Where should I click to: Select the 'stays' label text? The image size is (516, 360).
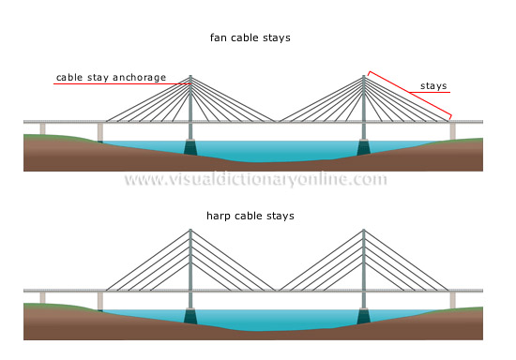433,85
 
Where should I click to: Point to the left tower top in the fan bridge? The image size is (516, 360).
190,77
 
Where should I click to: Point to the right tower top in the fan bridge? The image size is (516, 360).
364,77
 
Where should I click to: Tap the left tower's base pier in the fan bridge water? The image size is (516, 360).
190,147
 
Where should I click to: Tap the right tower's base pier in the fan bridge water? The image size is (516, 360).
364,147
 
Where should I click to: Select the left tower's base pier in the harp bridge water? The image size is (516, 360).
190,316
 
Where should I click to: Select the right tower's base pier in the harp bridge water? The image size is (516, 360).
364,316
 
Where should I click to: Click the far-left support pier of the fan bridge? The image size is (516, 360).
41,129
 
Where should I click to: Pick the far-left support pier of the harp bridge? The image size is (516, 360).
41,297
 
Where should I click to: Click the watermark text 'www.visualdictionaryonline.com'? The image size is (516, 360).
255,179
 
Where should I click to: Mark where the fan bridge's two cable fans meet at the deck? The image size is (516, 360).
277,121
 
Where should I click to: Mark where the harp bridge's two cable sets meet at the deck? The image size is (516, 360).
277,289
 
